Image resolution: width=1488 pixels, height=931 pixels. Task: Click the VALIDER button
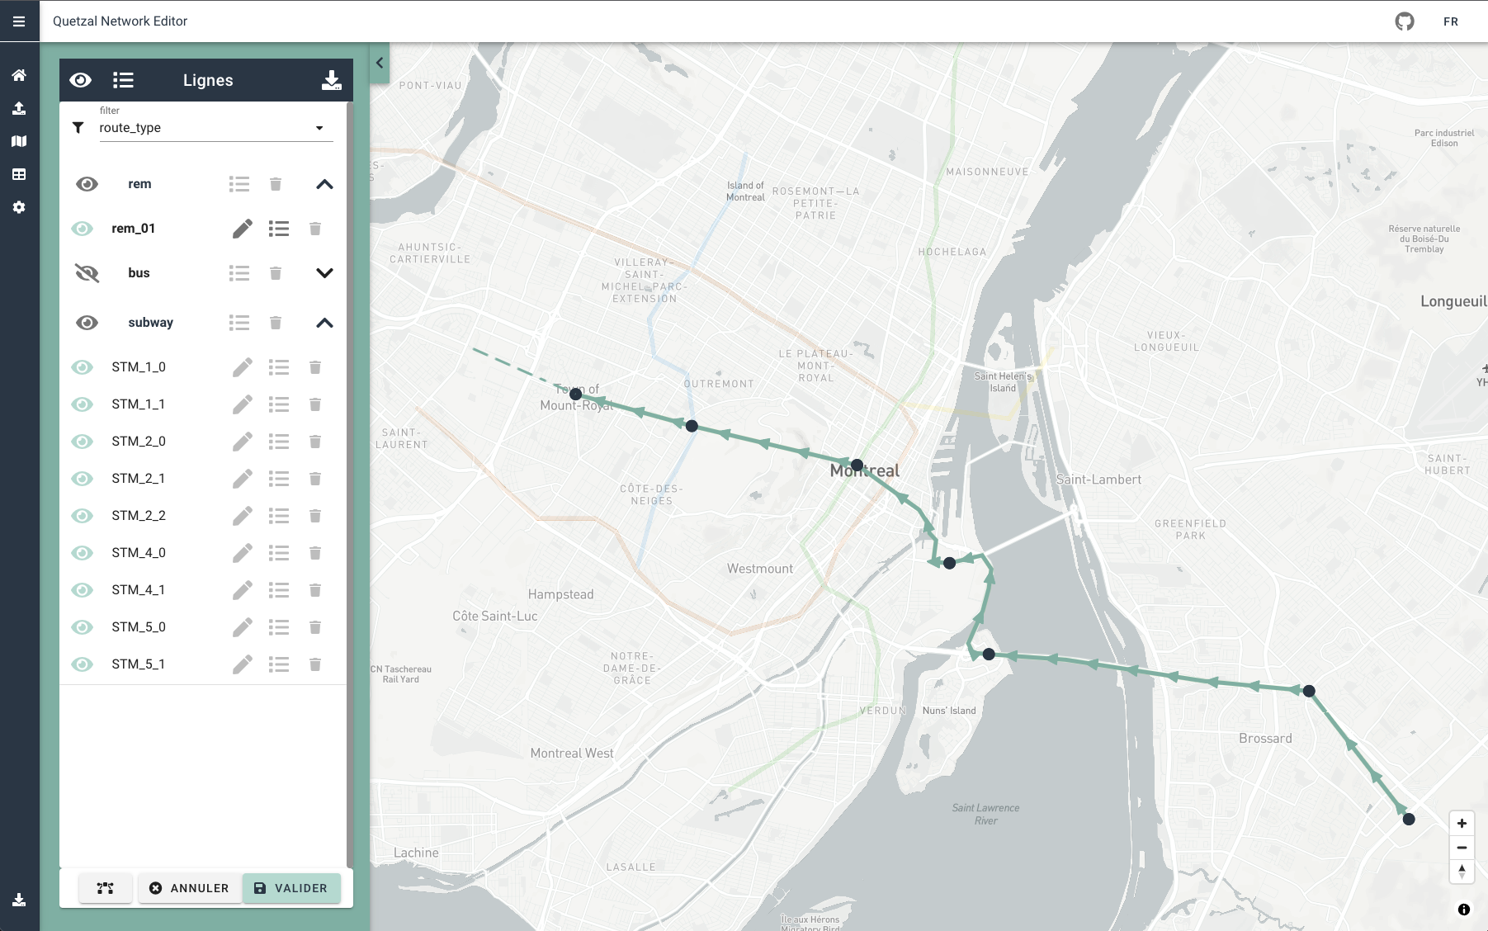pyautogui.click(x=291, y=888)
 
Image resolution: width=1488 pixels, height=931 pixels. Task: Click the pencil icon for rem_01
pyautogui.click(x=243, y=229)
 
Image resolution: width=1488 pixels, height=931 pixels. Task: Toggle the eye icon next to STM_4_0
pyautogui.click(x=83, y=553)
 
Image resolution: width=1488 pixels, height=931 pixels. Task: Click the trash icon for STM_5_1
pyautogui.click(x=315, y=664)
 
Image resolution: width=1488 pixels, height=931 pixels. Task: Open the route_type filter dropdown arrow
pyautogui.click(x=319, y=128)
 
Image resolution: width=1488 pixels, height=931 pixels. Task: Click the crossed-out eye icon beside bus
pyautogui.click(x=87, y=273)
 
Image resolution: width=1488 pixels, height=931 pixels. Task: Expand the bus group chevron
pyautogui.click(x=324, y=273)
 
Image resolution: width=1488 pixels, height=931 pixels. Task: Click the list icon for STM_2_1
pyautogui.click(x=279, y=479)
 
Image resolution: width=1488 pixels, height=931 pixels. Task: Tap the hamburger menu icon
pyautogui.click(x=19, y=21)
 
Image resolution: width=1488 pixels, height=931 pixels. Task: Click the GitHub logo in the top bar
pyautogui.click(x=1405, y=21)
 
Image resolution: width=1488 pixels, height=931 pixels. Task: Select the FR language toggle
pyautogui.click(x=1451, y=21)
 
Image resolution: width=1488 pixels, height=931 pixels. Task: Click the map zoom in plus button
pyautogui.click(x=1462, y=823)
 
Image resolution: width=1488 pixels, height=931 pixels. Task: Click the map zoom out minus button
pyautogui.click(x=1462, y=848)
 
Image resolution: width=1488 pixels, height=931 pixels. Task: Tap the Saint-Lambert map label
pyautogui.click(x=1098, y=480)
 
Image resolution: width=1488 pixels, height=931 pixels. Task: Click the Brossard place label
pyautogui.click(x=1265, y=739)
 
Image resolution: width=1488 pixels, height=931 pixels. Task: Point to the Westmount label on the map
pyautogui.click(x=759, y=569)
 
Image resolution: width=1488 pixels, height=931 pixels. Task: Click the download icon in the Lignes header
pyautogui.click(x=331, y=80)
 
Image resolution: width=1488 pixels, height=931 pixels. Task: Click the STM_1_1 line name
pyautogui.click(x=139, y=404)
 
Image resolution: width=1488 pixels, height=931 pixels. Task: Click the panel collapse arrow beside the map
pyautogui.click(x=380, y=63)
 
